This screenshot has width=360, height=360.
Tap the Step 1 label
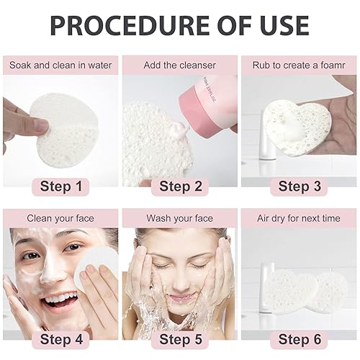click(x=60, y=186)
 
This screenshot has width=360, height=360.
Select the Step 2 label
click(x=179, y=186)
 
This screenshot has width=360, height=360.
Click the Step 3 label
click(x=299, y=186)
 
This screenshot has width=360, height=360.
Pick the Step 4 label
click(x=60, y=339)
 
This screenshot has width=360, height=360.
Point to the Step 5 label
click(x=179, y=339)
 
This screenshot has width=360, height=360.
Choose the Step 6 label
click(x=299, y=339)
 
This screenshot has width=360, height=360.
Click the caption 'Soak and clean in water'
click(x=60, y=65)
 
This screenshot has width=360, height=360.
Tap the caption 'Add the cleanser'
click(x=179, y=65)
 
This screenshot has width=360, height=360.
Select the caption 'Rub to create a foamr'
click(x=299, y=65)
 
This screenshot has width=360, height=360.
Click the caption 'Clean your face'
click(x=60, y=217)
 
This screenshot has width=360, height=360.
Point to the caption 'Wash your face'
click(x=179, y=217)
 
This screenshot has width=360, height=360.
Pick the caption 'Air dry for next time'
click(x=299, y=217)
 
